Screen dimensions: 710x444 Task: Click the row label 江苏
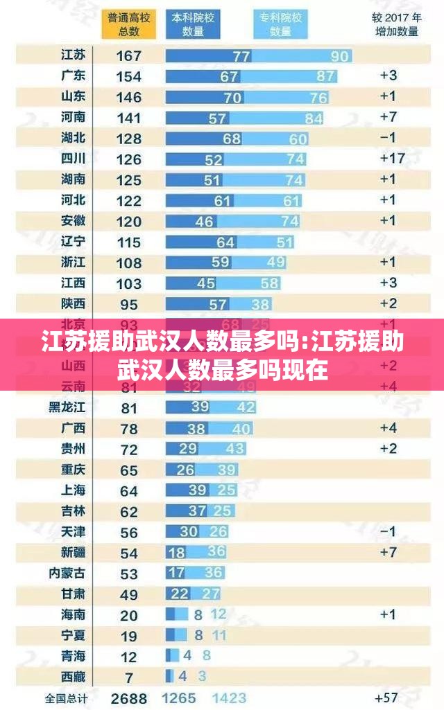(74, 55)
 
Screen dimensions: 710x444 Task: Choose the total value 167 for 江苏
(129, 56)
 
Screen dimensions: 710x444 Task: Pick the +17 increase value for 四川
(392, 159)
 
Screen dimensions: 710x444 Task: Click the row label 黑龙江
(67, 407)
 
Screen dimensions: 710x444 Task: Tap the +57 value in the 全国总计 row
(386, 698)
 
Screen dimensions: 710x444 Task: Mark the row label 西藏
(74, 675)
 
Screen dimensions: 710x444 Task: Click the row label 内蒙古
(67, 573)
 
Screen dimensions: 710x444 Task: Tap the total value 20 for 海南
(129, 615)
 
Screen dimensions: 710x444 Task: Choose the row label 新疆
(74, 552)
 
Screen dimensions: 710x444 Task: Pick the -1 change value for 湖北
(388, 138)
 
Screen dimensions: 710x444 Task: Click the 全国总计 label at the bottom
(67, 698)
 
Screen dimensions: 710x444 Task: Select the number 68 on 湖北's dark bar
(232, 139)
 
